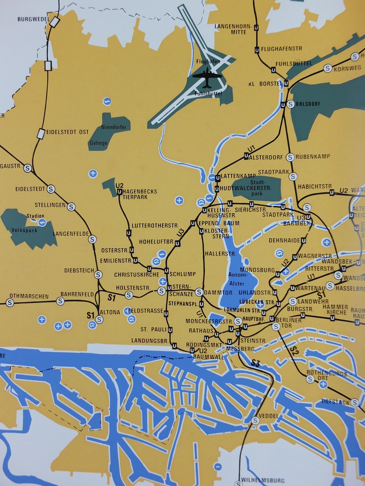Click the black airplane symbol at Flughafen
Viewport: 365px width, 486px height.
click(207, 77)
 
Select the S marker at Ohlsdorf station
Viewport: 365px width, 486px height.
click(290, 104)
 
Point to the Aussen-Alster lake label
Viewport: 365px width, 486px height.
click(238, 279)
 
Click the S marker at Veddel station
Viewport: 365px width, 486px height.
click(255, 420)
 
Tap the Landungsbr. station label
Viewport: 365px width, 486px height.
click(150, 341)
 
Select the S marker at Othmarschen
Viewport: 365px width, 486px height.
click(10, 302)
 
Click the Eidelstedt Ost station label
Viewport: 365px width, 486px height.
click(68, 132)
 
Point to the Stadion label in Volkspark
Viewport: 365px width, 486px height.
click(35, 216)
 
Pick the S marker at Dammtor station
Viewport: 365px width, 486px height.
click(199, 292)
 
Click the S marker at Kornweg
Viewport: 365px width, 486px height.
click(327, 68)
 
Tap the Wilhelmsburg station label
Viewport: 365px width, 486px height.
click(263, 480)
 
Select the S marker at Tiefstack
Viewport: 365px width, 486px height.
click(354, 402)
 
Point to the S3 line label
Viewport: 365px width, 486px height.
click(255, 363)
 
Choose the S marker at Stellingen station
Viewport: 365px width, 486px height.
click(71, 207)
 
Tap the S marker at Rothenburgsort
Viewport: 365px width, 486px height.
click(310, 379)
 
